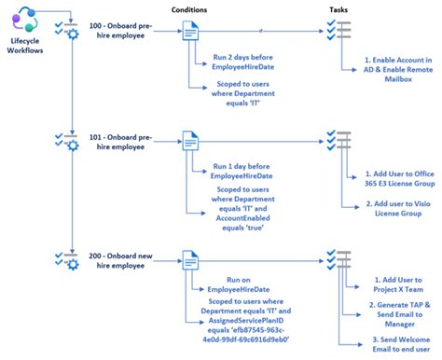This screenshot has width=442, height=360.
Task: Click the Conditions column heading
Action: pos(188,10)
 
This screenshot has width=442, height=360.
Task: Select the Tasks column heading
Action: pos(340,10)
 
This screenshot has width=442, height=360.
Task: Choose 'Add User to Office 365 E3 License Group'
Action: pos(392,180)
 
